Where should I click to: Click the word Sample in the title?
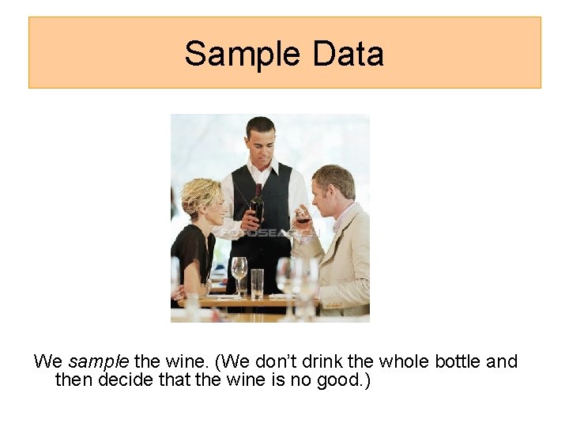[243, 54]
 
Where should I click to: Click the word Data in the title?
[348, 54]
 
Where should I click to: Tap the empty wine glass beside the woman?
[239, 269]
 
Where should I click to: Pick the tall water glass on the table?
[257, 282]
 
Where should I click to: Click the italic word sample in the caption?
[98, 362]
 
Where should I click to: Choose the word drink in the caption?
[320, 362]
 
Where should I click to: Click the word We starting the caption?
[48, 362]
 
